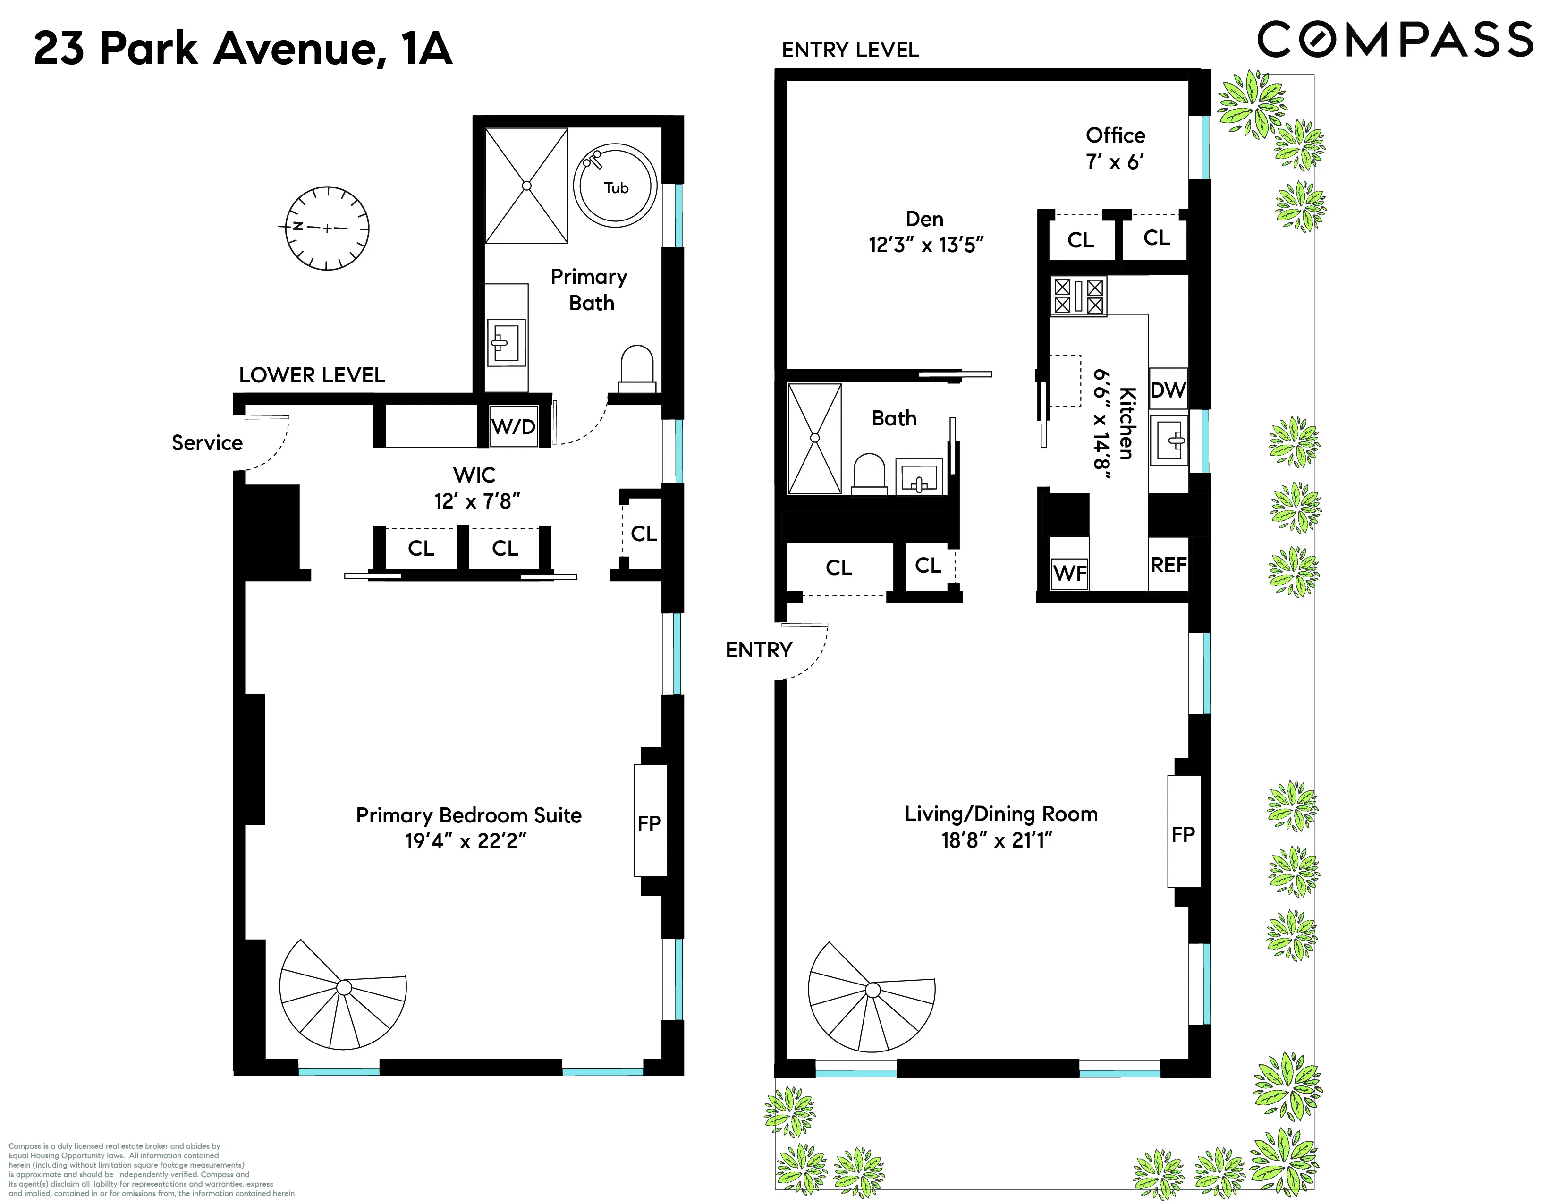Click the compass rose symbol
(x=327, y=228)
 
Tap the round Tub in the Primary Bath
(x=615, y=187)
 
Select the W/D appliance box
(x=514, y=426)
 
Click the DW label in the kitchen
(x=1168, y=390)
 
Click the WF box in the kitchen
(x=1069, y=573)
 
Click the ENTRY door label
(x=759, y=650)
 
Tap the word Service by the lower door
(x=207, y=443)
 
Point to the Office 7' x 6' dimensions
(x=1115, y=162)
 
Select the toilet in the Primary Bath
(x=637, y=369)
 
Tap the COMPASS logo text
(x=1395, y=40)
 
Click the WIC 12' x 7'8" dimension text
(x=476, y=501)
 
